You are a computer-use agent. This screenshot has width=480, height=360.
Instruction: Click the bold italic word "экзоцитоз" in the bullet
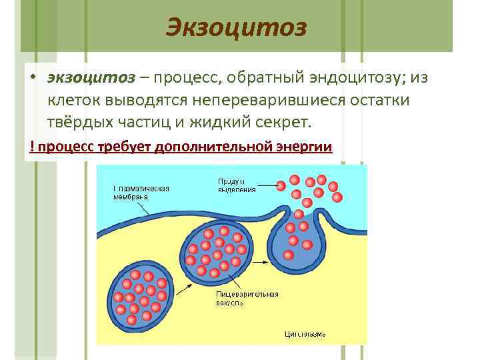(89, 78)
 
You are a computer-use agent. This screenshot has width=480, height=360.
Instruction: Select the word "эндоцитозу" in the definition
(345, 78)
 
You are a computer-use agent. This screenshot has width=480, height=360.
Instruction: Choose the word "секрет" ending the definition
(287, 123)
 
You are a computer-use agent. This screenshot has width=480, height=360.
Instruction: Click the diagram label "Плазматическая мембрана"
(140, 192)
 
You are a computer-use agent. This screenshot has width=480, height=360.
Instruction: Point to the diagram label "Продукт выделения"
(237, 185)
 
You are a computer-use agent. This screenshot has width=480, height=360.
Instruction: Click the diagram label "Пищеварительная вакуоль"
(247, 298)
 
